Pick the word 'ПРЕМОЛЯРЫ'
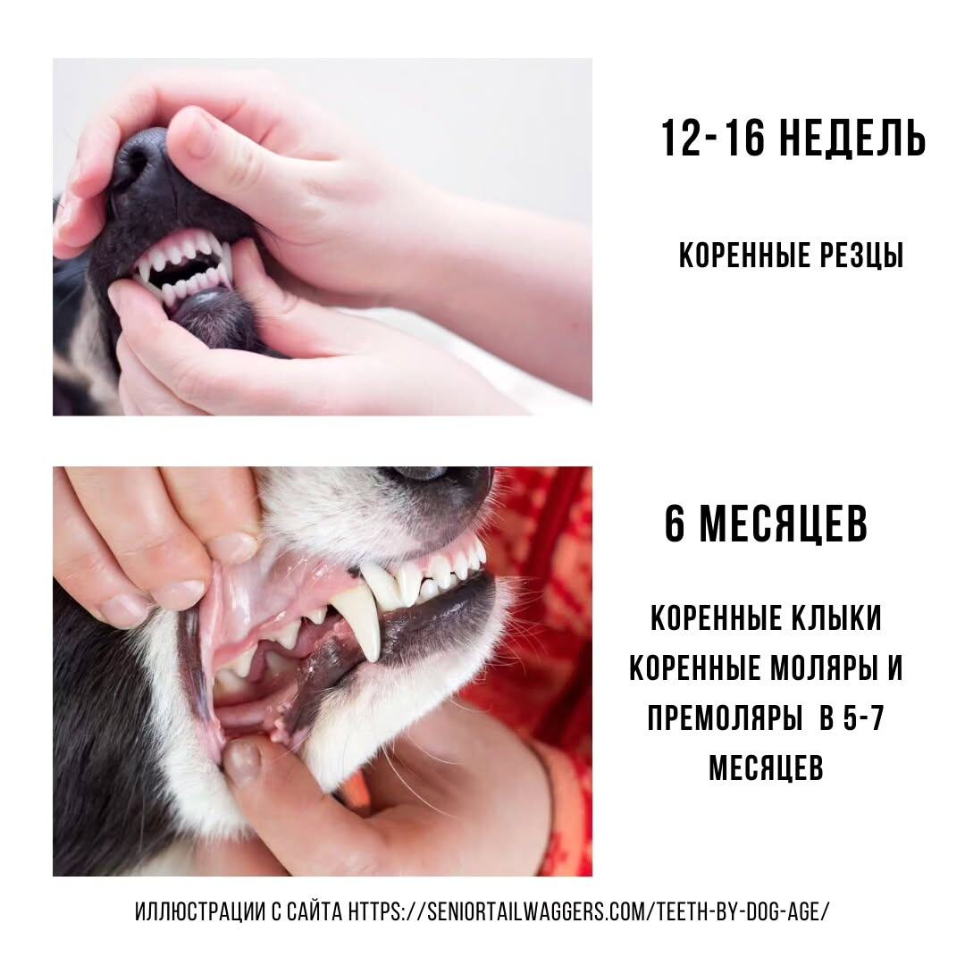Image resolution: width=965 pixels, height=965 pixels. [x=725, y=717]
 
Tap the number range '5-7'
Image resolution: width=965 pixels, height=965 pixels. [x=863, y=717]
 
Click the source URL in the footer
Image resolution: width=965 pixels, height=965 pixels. [x=589, y=910]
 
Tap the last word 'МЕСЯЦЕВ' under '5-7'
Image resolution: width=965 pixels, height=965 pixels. [x=767, y=768]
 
